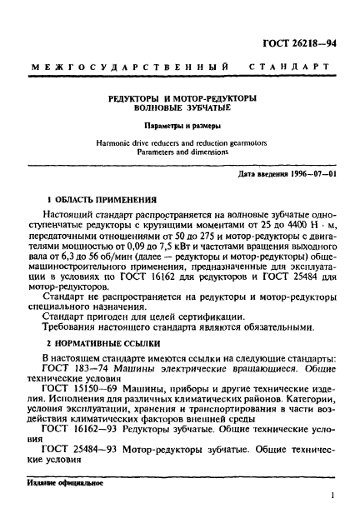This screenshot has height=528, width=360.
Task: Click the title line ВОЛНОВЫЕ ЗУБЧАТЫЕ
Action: click(180, 107)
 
